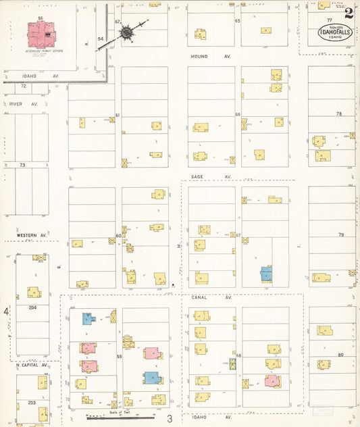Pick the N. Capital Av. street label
click(x=27, y=365)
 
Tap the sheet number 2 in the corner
click(x=348, y=11)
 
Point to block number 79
click(x=341, y=234)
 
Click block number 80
click(x=341, y=355)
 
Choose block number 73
click(x=22, y=165)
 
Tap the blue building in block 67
click(x=266, y=274)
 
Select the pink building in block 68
click(x=272, y=380)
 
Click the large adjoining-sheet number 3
click(x=170, y=420)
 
